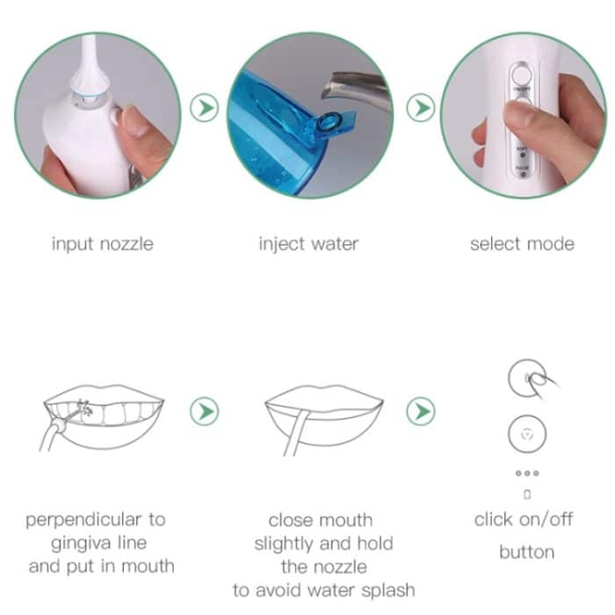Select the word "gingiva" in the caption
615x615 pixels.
(76, 543)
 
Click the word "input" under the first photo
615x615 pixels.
(73, 243)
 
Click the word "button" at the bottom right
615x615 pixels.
(526, 553)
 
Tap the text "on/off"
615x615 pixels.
(546, 519)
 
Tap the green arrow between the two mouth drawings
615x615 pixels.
(205, 410)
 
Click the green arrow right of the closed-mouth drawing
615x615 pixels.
(421, 410)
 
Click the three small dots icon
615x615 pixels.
(527, 474)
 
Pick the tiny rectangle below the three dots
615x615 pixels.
(527, 495)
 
